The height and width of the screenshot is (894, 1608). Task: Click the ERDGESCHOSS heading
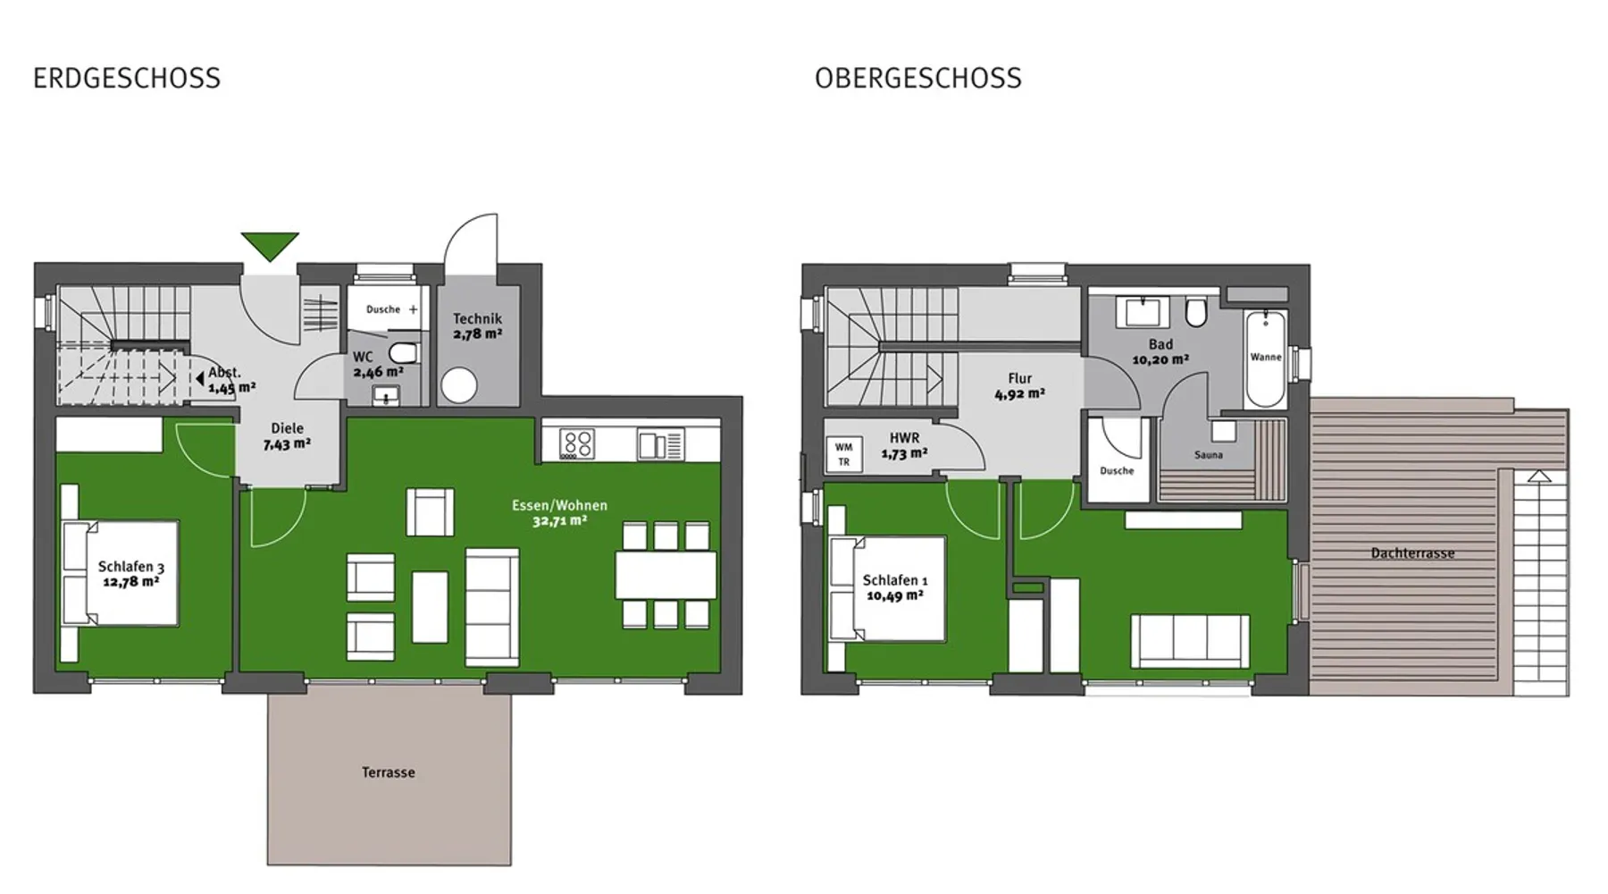point(127,79)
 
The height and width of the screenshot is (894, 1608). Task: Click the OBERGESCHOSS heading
point(917,79)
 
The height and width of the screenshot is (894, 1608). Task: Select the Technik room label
point(477,318)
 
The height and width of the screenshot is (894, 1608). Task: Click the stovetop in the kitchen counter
point(577,444)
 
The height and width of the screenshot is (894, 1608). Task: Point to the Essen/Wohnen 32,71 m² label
point(559,512)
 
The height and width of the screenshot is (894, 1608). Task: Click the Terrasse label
point(389,772)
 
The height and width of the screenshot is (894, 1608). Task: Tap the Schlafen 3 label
point(131,567)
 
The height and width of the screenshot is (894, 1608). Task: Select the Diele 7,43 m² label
point(287,436)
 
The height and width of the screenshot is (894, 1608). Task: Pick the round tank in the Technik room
point(459,386)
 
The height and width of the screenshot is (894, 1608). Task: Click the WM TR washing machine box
point(844,454)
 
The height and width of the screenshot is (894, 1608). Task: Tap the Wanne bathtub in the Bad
point(1266,358)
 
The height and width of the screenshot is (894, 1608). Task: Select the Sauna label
point(1208,455)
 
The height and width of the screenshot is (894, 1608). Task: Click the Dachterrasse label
point(1412,553)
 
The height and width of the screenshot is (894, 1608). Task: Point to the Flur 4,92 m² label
point(1019,385)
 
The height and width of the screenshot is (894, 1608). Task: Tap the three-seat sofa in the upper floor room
point(1190,640)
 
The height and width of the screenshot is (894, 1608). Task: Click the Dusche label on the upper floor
point(1117,471)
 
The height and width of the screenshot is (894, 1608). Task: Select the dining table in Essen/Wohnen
point(666,575)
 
